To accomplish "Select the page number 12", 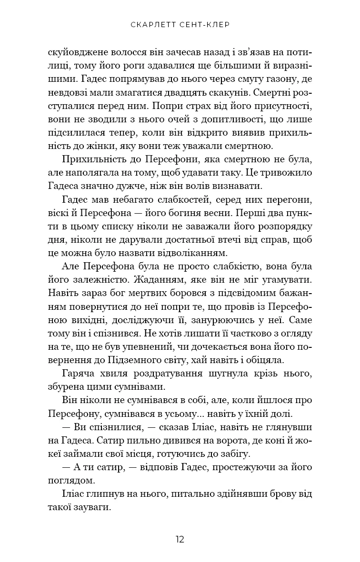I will click(x=180, y=539).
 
